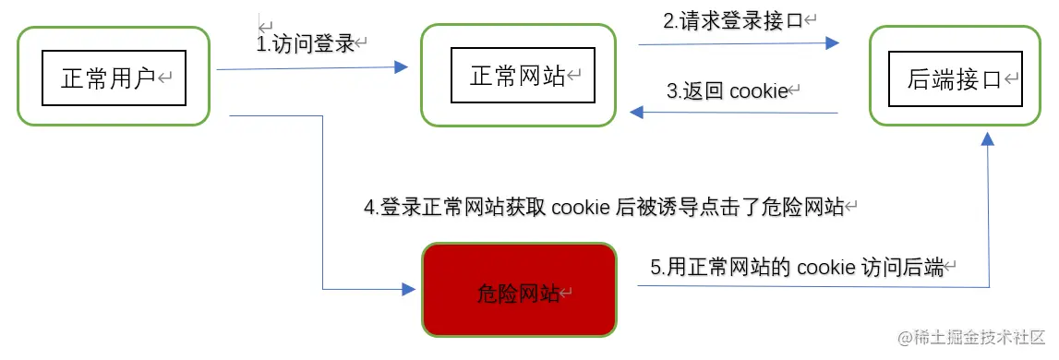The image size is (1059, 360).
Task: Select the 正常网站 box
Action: [x=518, y=76]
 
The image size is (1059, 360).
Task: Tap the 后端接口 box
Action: [x=955, y=78]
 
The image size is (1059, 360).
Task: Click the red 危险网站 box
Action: [x=518, y=292]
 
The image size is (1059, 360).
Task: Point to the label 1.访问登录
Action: [x=306, y=43]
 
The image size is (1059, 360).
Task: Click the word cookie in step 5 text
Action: [x=826, y=269]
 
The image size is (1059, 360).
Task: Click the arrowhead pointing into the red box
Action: [x=410, y=289]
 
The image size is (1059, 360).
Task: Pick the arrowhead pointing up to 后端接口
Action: [x=988, y=138]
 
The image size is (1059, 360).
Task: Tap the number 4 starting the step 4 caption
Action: [x=368, y=208]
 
